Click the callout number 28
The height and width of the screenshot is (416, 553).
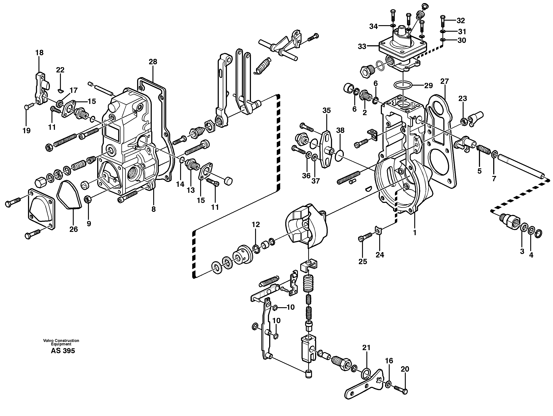(153, 62)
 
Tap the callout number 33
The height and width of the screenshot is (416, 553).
(362, 47)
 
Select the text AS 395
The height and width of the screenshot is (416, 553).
(63, 351)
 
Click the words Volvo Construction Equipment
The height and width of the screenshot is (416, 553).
(61, 342)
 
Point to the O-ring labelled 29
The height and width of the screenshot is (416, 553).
(403, 85)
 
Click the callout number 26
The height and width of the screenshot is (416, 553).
(74, 229)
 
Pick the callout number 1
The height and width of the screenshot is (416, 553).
(414, 233)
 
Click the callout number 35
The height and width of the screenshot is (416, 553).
(326, 110)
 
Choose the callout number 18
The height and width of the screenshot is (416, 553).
(39, 53)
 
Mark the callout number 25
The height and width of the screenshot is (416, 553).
(363, 261)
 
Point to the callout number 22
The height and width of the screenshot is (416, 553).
(60, 70)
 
